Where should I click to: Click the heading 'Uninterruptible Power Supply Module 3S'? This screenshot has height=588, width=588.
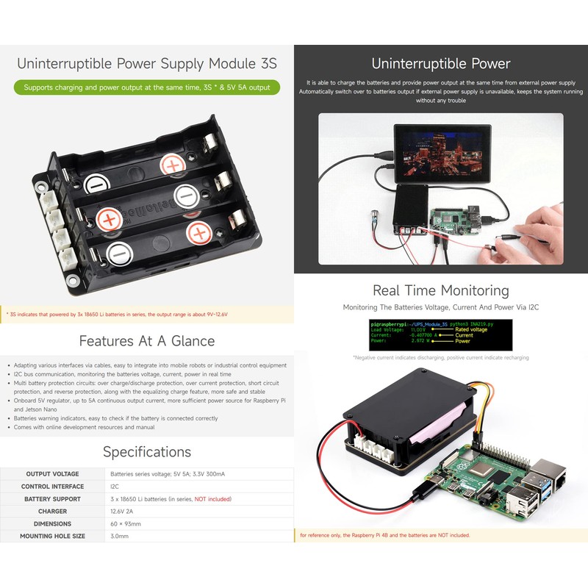pyautogui.click(x=147, y=63)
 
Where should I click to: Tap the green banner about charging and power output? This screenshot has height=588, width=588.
pyautogui.click(x=147, y=87)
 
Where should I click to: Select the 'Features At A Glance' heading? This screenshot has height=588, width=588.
pyautogui.click(x=147, y=341)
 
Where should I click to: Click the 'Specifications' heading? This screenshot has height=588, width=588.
pyautogui.click(x=147, y=451)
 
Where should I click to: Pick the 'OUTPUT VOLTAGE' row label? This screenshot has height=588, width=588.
pyautogui.click(x=52, y=474)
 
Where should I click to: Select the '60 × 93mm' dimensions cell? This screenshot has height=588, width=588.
pyautogui.click(x=126, y=524)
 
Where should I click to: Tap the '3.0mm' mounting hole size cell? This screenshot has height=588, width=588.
pyautogui.click(x=119, y=537)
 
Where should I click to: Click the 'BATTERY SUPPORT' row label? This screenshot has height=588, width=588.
pyautogui.click(x=52, y=499)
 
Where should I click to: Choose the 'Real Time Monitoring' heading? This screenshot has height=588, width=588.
pyautogui.click(x=441, y=290)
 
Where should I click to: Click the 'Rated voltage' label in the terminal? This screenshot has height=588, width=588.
pyautogui.click(x=472, y=329)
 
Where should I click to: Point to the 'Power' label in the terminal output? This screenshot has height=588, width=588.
pyautogui.click(x=463, y=341)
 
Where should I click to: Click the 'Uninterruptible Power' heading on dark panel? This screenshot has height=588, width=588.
pyautogui.click(x=441, y=63)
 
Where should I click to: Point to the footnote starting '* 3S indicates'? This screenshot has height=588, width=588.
pyautogui.click(x=118, y=315)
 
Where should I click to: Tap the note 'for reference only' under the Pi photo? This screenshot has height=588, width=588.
pyautogui.click(x=385, y=535)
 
